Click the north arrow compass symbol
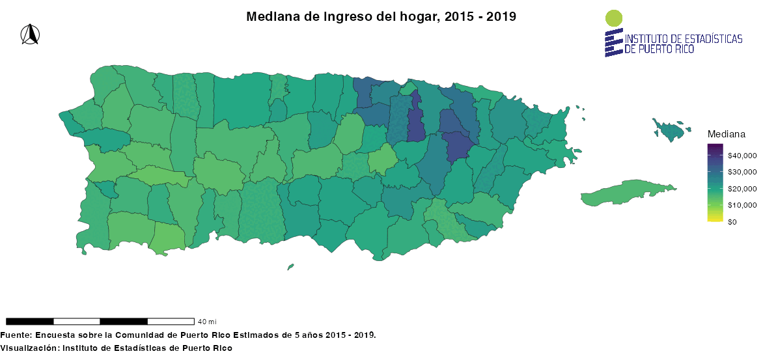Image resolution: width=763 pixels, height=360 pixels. (x=29, y=35)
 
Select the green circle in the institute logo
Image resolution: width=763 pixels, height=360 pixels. (x=613, y=18)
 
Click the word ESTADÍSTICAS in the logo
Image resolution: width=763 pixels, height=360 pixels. (x=708, y=39)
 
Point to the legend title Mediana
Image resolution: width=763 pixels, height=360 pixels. (x=726, y=134)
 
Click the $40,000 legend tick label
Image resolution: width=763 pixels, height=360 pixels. (x=742, y=156)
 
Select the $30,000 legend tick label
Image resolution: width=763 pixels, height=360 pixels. (x=742, y=173)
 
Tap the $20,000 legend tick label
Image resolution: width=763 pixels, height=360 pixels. (x=742, y=189)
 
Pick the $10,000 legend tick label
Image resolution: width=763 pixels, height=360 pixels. (x=742, y=205)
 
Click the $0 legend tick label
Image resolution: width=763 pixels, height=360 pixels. (x=732, y=222)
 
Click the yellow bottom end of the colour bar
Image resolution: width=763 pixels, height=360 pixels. (x=714, y=219)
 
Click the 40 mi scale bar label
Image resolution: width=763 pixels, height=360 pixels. (x=207, y=322)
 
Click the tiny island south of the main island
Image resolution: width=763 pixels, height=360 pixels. (x=290, y=266)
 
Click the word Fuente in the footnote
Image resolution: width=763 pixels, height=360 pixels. (x=15, y=335)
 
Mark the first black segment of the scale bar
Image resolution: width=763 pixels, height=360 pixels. (x=29, y=321)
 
